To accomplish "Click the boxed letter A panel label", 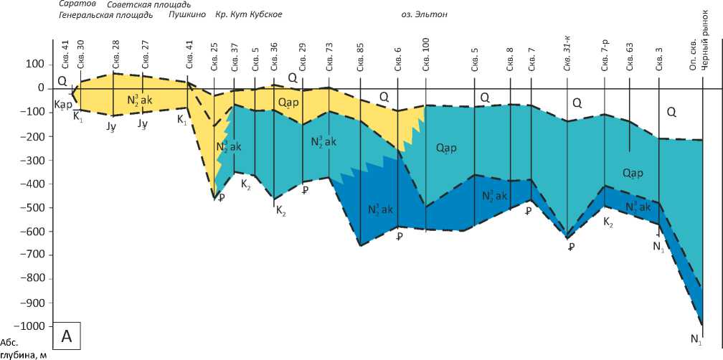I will click(x=67, y=335).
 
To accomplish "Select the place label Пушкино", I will click(x=187, y=14).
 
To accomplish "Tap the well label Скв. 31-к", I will click(x=567, y=52).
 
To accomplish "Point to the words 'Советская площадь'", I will click(x=148, y=4).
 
